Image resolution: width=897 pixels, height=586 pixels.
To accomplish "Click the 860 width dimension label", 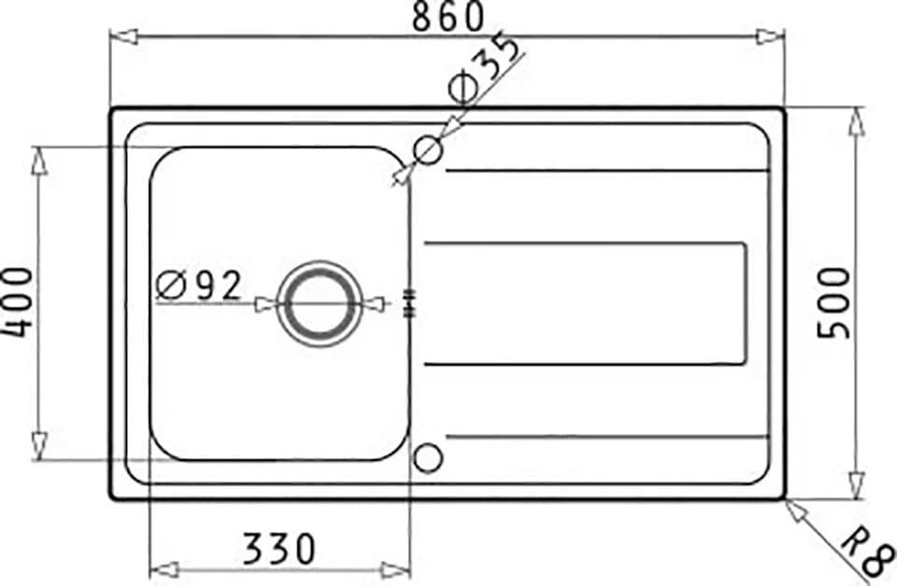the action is (448, 17).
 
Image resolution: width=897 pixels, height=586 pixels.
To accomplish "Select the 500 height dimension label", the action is (834, 302).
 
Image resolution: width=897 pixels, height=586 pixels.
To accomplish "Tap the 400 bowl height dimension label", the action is (17, 302).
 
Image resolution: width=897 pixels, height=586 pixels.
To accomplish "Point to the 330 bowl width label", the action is (278, 549).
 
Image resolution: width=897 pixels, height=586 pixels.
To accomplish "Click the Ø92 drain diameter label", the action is (198, 285).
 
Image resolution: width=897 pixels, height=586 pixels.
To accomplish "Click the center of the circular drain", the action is (320, 303).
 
